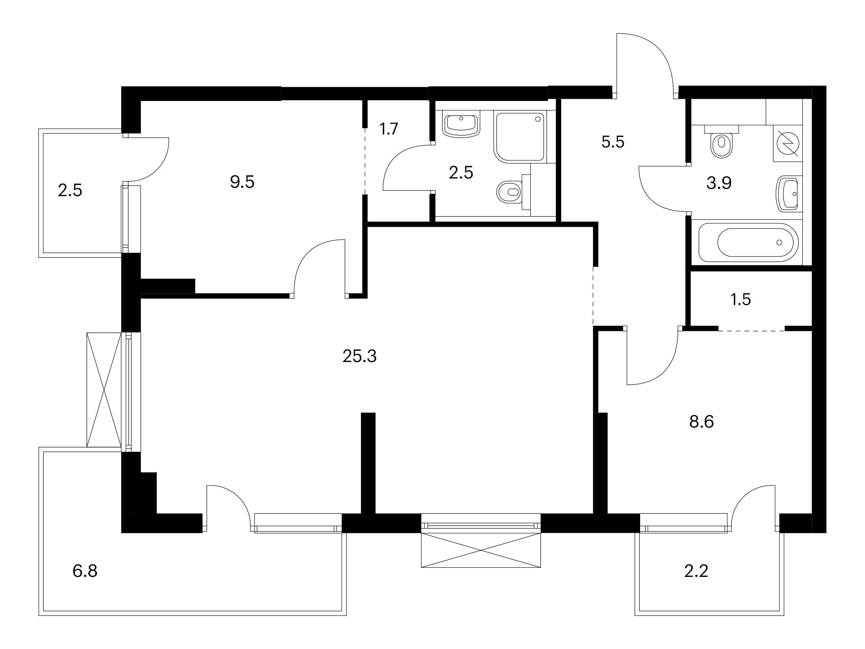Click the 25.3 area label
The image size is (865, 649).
359,356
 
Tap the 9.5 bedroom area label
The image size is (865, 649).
242,182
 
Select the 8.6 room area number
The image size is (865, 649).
701,422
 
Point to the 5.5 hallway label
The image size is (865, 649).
613,142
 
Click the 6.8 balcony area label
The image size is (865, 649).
85,571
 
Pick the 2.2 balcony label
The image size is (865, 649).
696,571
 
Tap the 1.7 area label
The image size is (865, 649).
389,129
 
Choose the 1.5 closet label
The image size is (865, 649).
741,300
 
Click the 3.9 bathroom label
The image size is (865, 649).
719,183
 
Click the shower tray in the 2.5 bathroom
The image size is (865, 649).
520,137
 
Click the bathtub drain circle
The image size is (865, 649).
779,243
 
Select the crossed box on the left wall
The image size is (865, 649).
104,390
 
